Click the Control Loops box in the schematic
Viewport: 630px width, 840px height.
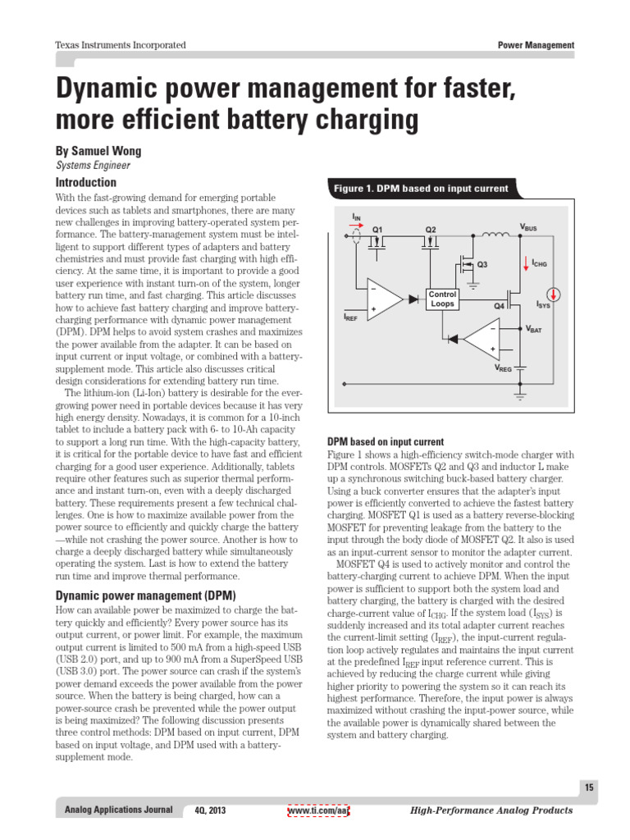tap(443, 299)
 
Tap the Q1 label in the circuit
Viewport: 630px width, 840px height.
tap(377, 229)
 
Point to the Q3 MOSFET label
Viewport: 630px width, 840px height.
tap(482, 264)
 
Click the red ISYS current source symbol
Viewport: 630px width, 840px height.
tap(555, 294)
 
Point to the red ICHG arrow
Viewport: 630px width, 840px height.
tap(526, 263)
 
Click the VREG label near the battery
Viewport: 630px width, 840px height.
tap(502, 368)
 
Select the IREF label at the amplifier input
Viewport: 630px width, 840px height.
tap(350, 316)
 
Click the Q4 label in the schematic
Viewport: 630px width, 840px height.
tap(499, 305)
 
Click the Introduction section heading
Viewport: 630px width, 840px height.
tap(85, 182)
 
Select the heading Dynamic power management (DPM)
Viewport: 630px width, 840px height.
tap(145, 595)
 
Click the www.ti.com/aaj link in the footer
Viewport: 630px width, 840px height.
tap(318, 810)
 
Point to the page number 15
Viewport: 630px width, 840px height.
tap(589, 788)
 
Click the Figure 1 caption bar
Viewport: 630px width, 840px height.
tap(420, 189)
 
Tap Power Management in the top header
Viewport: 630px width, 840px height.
tap(536, 45)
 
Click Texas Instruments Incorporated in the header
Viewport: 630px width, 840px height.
tap(120, 45)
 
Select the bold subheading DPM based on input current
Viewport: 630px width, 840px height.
tap(386, 441)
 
